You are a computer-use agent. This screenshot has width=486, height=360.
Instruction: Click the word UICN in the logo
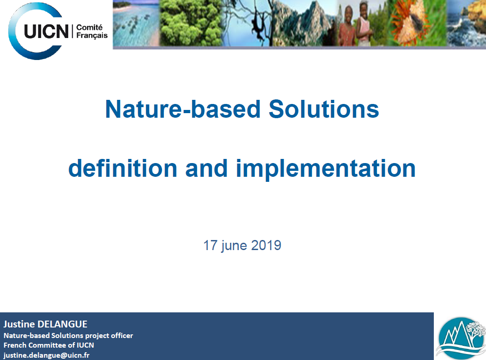coord(46,32)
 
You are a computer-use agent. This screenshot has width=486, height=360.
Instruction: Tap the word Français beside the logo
coord(92,36)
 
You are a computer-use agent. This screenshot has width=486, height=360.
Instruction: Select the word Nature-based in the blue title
coord(183,109)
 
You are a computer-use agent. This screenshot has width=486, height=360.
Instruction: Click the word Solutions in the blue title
coord(324,109)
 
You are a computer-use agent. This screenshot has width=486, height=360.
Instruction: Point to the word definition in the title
coord(123,168)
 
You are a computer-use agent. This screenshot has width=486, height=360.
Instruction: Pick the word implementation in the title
coord(326,169)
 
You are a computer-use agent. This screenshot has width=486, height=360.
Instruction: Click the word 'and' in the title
coord(206,168)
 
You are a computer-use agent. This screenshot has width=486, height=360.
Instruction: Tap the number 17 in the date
coord(210,245)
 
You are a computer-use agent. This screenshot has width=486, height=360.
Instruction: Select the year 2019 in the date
coord(266,245)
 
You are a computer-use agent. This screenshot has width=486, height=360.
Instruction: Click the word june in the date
coord(234,246)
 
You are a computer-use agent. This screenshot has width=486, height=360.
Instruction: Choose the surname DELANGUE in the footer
coord(62,324)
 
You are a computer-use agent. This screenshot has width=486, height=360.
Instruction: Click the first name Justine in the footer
coord(19,324)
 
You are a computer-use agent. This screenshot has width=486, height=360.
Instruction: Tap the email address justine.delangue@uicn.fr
coord(47,355)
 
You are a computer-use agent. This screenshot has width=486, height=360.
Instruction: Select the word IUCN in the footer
coord(85,345)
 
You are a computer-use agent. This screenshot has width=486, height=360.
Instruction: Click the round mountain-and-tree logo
coord(461,338)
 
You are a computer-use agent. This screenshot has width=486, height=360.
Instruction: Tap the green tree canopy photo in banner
coord(191,23)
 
